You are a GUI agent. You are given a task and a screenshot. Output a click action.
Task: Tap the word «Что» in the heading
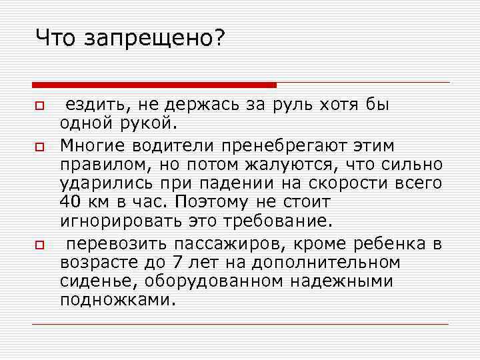coord(57,38)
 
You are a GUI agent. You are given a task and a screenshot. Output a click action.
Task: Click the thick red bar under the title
coord(154,85)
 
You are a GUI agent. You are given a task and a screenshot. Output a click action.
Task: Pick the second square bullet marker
coord(39,145)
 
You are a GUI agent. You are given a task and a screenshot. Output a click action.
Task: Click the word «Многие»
coord(92,145)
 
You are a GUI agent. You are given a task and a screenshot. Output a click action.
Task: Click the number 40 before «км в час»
coord(70,201)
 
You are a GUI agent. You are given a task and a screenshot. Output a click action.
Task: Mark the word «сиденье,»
coord(90,281)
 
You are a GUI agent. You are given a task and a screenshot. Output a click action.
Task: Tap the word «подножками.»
coord(119,301)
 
